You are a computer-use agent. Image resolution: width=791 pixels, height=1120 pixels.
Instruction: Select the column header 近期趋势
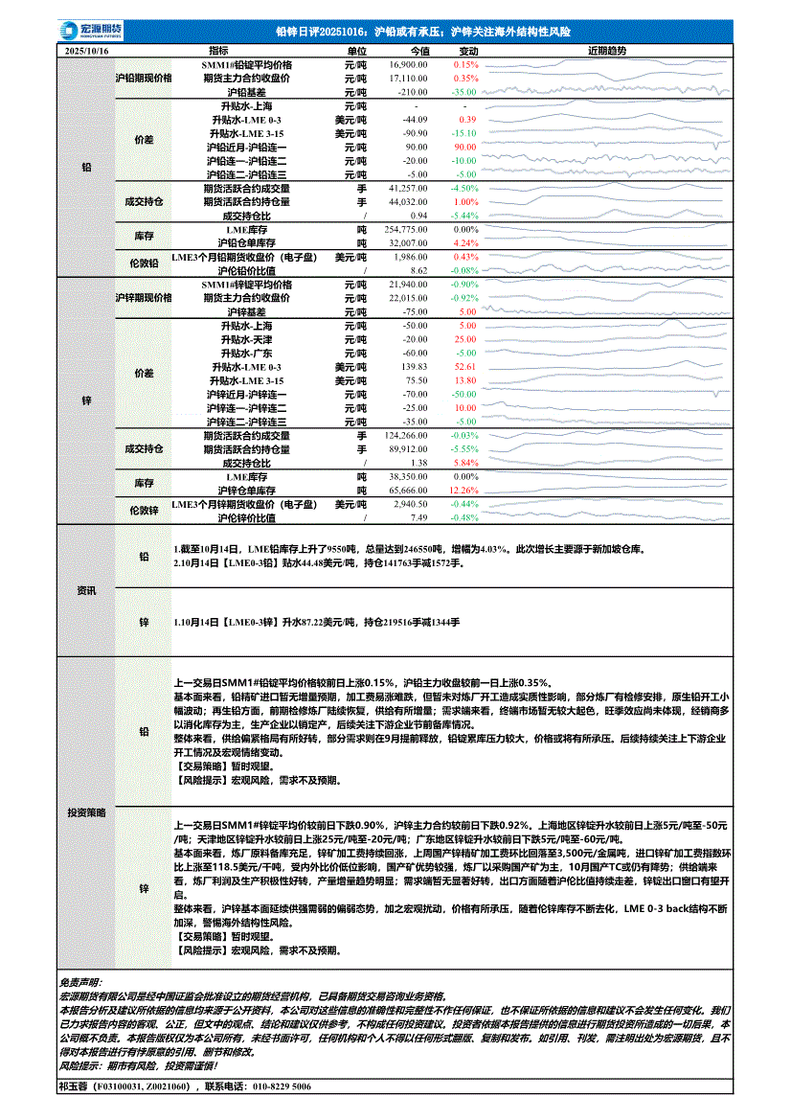(606, 49)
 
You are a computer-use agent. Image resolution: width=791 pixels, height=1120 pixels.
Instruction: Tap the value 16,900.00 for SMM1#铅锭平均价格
(409, 63)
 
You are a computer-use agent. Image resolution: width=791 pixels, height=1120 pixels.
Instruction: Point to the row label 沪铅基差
(246, 91)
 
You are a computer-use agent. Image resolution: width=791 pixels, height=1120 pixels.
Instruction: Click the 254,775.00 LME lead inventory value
(406, 230)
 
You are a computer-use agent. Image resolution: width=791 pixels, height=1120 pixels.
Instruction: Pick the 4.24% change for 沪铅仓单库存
(465, 243)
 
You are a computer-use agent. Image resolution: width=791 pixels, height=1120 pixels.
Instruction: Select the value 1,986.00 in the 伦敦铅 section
(410, 258)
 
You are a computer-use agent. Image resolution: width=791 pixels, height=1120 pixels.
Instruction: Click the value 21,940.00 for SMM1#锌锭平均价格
(409, 286)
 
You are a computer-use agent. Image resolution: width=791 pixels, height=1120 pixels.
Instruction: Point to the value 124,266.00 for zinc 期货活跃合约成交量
(406, 435)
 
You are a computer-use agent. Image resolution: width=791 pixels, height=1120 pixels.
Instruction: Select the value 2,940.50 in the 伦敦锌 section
(410, 504)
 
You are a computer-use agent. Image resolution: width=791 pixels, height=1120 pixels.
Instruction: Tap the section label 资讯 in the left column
(86, 590)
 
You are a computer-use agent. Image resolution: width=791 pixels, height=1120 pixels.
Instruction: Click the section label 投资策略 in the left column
(86, 811)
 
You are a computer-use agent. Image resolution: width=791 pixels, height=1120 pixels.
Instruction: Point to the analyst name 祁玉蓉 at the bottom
(74, 1087)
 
